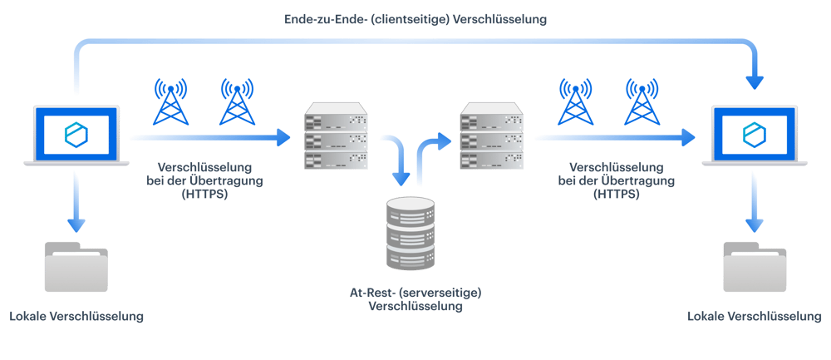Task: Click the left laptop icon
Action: [x=76, y=136]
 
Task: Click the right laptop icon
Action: [x=755, y=136]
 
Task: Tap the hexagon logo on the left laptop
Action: [x=76, y=133]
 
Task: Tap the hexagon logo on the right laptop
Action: [x=755, y=133]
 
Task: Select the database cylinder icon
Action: [x=411, y=231]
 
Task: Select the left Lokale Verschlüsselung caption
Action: [x=76, y=317]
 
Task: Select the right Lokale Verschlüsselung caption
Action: [x=755, y=317]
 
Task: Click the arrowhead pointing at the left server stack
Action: [x=284, y=138]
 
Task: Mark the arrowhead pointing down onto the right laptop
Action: [x=755, y=82]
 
